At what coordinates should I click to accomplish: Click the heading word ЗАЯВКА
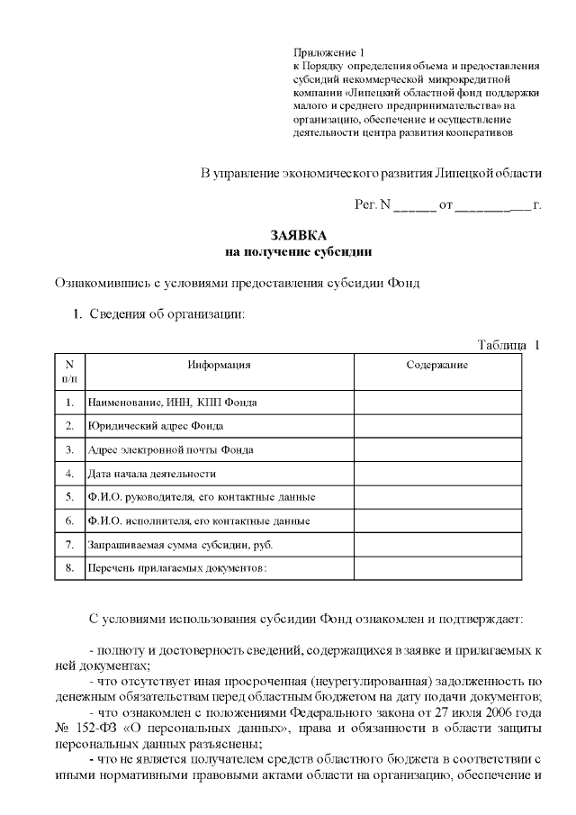click(x=298, y=235)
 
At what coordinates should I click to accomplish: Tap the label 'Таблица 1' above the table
click(x=508, y=345)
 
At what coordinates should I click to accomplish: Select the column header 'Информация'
click(x=219, y=365)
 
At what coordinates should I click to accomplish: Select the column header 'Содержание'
click(x=436, y=365)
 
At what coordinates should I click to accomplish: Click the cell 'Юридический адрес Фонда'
click(x=155, y=425)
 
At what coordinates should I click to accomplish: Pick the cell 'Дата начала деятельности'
click(x=151, y=473)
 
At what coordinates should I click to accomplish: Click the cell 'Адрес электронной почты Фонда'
click(x=169, y=449)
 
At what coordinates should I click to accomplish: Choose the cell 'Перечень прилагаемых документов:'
click(x=177, y=569)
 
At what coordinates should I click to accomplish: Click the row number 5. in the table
click(x=69, y=496)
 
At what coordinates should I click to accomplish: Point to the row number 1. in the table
click(x=69, y=402)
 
